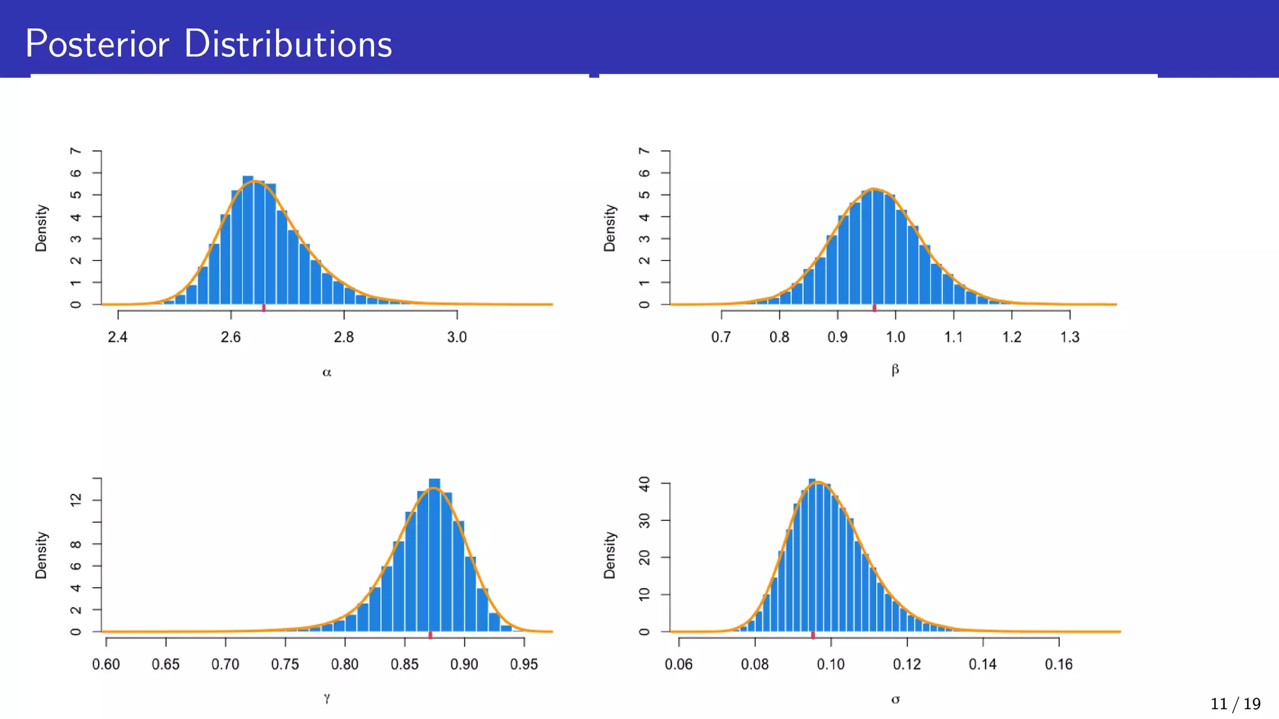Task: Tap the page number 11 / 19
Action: tap(1235, 704)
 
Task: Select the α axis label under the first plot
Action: tap(327, 373)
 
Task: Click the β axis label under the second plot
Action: tap(895, 370)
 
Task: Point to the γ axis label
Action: tap(327, 698)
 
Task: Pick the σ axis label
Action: tap(895, 700)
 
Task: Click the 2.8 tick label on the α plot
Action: tap(343, 337)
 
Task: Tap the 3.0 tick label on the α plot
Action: tap(457, 337)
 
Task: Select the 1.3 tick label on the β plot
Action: tap(1069, 337)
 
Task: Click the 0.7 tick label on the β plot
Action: tap(721, 337)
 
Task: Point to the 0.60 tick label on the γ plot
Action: tap(106, 664)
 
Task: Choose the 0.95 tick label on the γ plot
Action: tap(523, 664)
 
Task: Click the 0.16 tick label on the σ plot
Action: tap(1059, 664)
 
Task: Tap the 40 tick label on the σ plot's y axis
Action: tap(644, 484)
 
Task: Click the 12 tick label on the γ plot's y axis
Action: tap(76, 500)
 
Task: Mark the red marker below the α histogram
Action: tap(264, 308)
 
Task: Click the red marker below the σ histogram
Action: tap(812, 635)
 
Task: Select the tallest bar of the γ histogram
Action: tap(435, 555)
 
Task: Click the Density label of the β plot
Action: tap(610, 228)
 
